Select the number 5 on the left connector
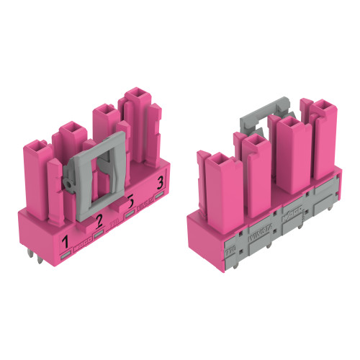point(130,201)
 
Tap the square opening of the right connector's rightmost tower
point(323,106)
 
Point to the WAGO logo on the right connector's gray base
point(294,215)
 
